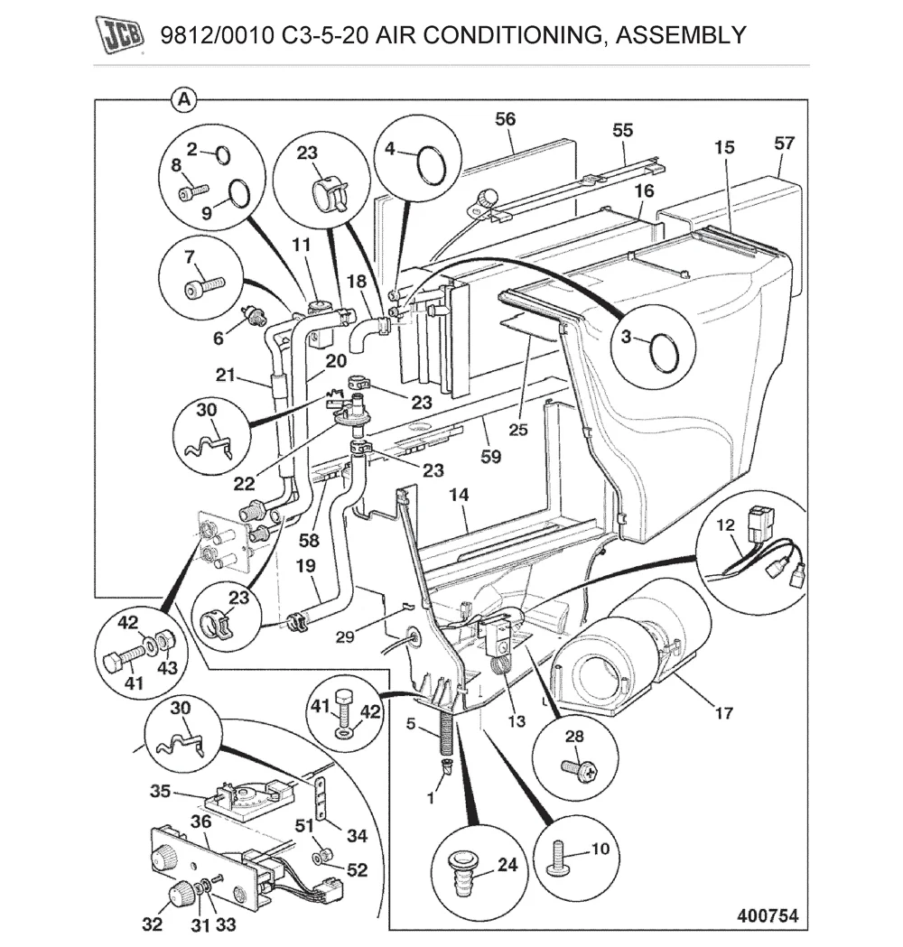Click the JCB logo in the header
119,36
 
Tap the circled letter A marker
183,100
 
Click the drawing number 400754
767,915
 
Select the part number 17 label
723,713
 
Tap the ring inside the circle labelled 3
665,352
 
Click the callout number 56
505,119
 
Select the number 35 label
160,791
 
